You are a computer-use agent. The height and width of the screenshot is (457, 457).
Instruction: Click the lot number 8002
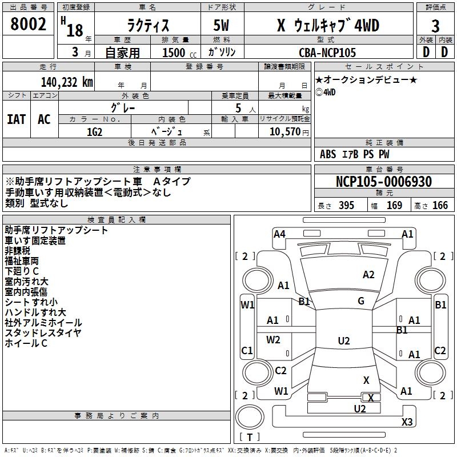tap(29, 25)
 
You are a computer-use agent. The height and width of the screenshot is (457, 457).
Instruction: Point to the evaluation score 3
tap(435, 26)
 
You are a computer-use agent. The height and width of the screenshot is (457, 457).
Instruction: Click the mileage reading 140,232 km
tap(67, 82)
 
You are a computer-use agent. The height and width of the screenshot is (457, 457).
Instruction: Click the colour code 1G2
tap(94, 131)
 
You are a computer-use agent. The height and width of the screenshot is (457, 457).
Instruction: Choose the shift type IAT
tap(17, 119)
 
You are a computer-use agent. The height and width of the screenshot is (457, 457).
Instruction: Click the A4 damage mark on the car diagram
tap(279, 234)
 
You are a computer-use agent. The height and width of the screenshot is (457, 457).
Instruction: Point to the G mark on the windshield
tap(361, 300)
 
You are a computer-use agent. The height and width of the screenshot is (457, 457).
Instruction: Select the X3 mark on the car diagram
tap(407, 422)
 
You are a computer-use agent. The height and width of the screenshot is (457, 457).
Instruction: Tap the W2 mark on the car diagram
tap(274, 339)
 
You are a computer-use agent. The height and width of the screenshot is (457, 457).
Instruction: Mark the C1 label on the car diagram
tap(247, 350)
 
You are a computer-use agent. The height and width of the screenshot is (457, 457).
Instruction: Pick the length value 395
tap(346, 206)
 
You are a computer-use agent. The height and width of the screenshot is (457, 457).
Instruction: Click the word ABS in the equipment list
tap(328, 154)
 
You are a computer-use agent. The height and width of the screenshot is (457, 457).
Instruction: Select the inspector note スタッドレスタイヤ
tap(43, 332)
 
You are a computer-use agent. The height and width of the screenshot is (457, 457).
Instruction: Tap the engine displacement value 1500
tap(174, 53)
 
